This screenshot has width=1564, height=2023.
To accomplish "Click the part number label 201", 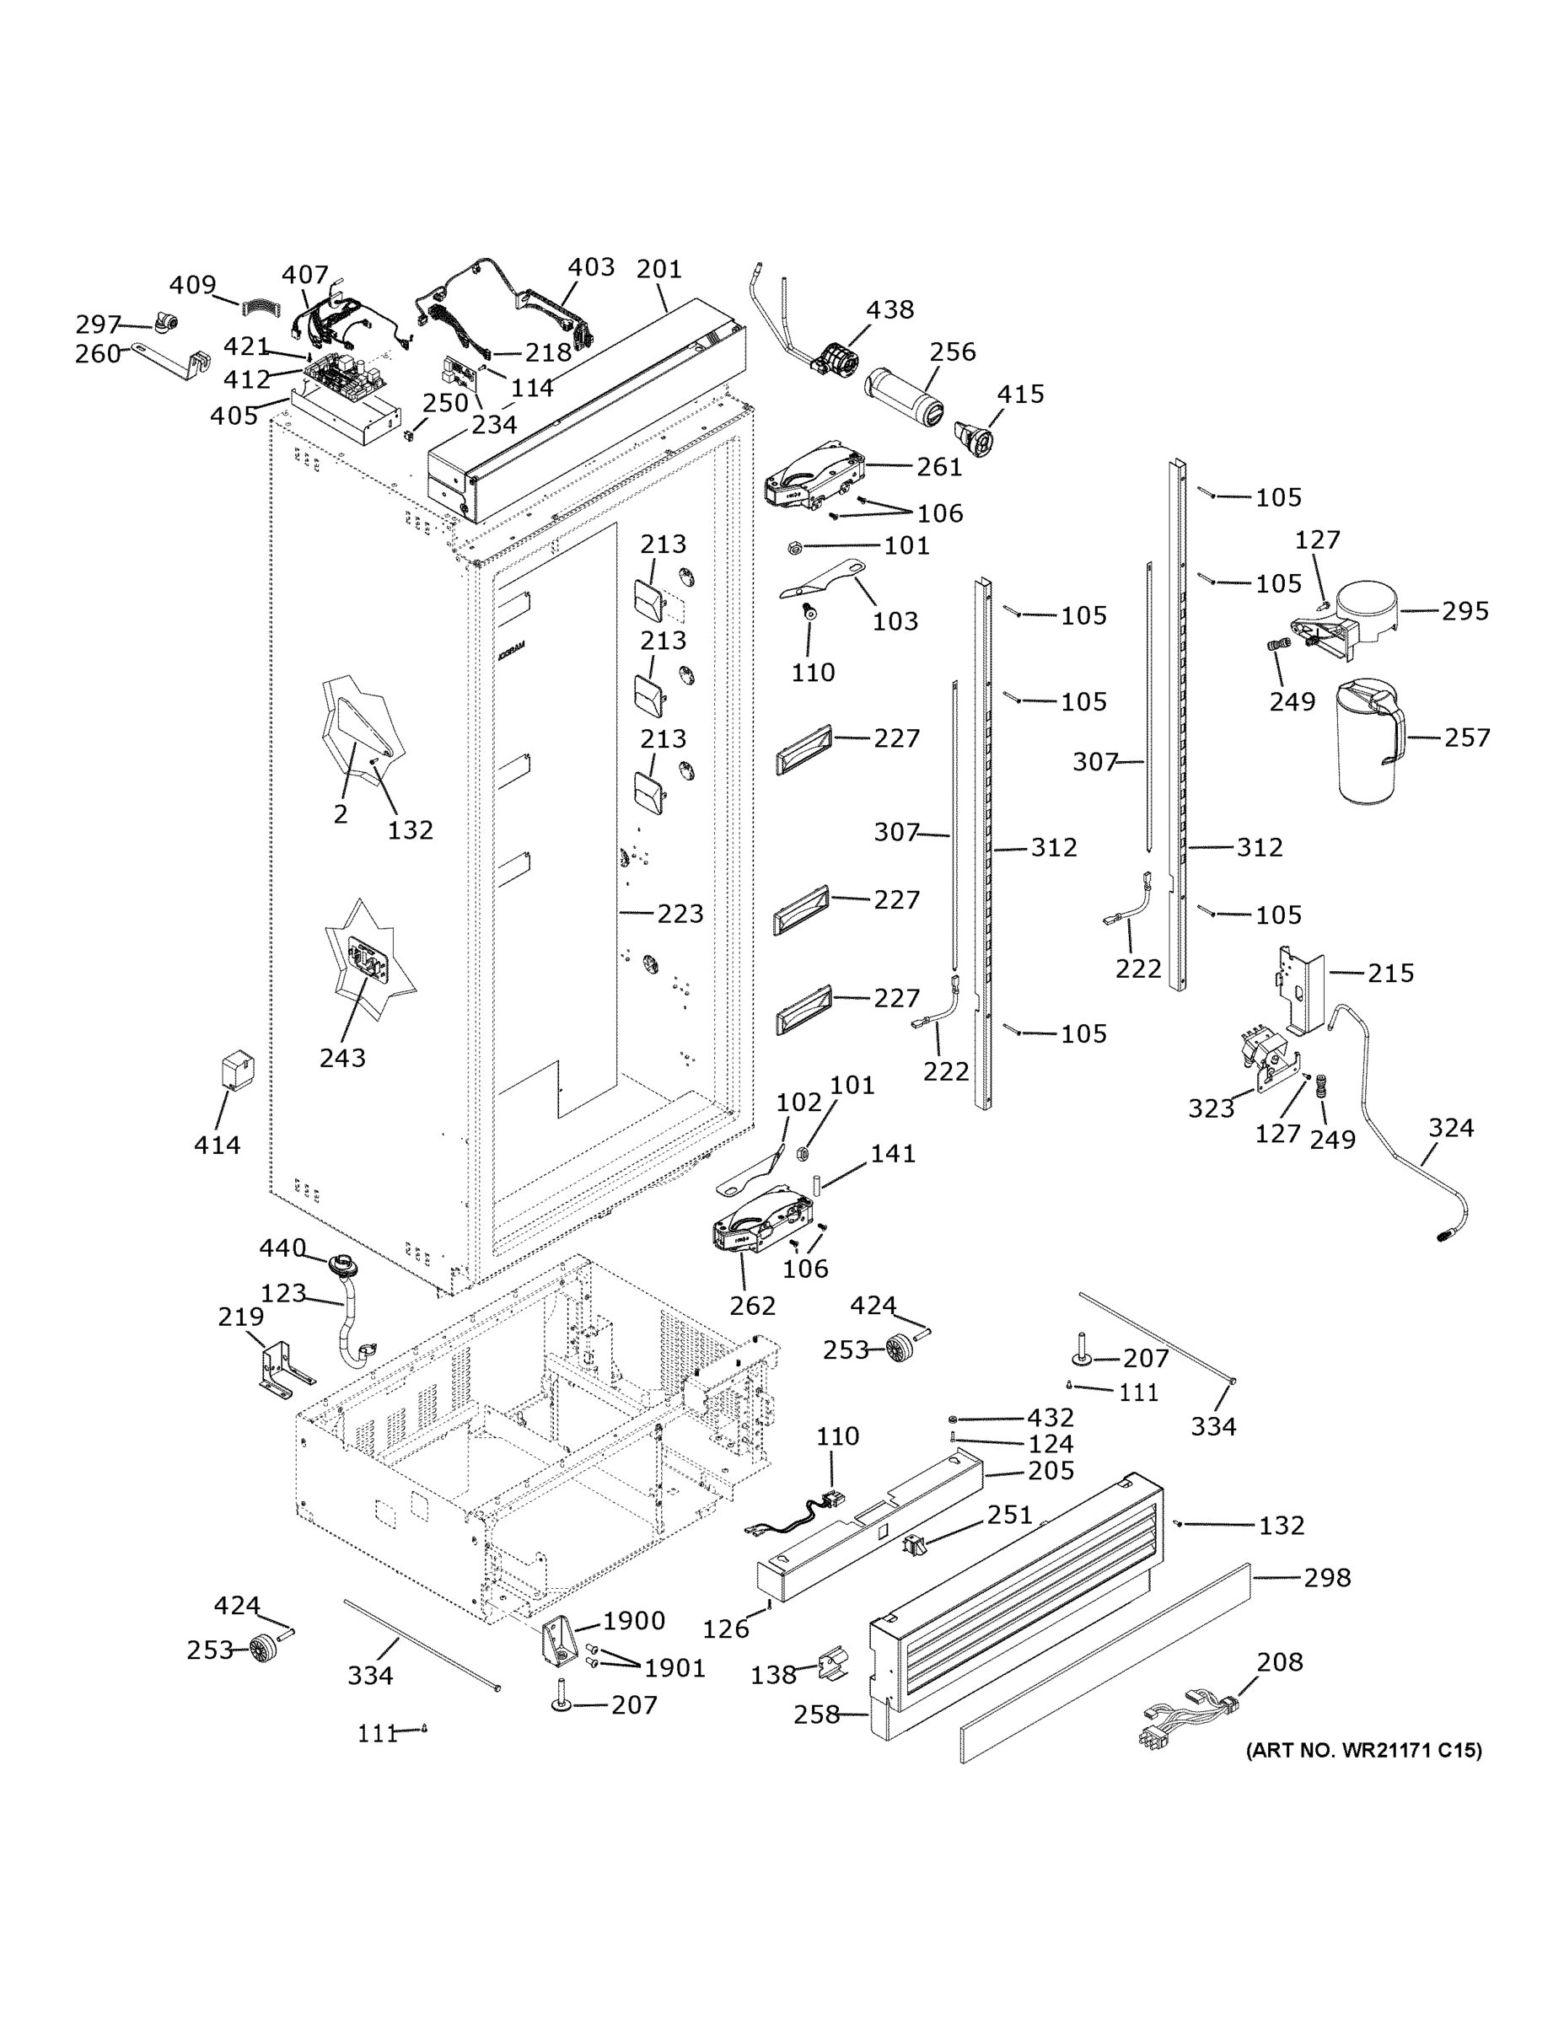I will (658, 270).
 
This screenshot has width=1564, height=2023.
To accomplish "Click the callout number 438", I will (889, 309).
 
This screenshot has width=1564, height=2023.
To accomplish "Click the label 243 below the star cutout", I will (342, 1058).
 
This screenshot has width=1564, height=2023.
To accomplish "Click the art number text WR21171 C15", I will (1363, 1749).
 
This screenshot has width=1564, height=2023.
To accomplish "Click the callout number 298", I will (1327, 1576).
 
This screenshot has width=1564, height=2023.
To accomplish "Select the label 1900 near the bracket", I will (634, 1620).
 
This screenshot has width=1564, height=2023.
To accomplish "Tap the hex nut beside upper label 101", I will (794, 547).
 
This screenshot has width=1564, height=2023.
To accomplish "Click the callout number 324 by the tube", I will (1450, 1127).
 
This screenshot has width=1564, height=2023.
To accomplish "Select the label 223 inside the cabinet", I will (680, 914).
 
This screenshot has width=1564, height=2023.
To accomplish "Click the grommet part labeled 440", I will (347, 1264).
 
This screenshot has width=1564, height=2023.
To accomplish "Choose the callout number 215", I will (1390, 973).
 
